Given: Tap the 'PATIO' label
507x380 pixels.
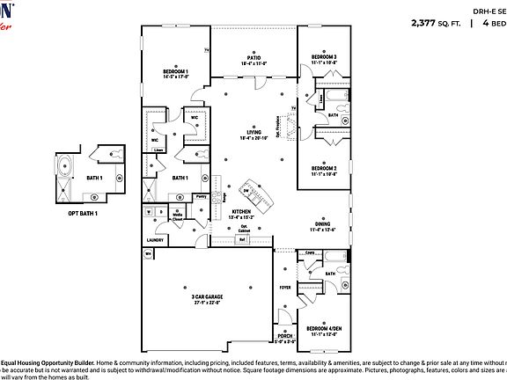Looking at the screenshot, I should [x=253, y=59].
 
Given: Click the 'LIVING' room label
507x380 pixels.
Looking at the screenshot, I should [x=253, y=133].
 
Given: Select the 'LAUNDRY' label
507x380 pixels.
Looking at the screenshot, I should [x=156, y=239].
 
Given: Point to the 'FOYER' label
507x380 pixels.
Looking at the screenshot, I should [x=284, y=287].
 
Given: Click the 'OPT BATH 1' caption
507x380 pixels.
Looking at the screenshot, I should [x=83, y=214].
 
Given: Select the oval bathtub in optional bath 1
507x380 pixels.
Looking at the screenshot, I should [x=66, y=165].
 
